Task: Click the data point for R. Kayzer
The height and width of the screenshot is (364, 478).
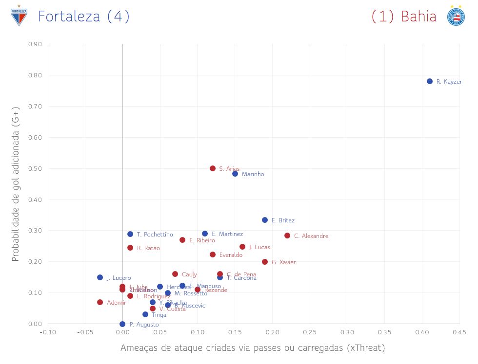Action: point(430,81)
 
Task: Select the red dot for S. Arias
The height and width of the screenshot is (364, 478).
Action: point(213,168)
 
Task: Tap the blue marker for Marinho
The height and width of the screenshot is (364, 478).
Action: point(235,174)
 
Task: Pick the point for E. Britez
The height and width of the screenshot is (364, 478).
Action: point(265,220)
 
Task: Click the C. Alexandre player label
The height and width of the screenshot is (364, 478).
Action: point(311,236)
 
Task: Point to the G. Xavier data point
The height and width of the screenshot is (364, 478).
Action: point(265,262)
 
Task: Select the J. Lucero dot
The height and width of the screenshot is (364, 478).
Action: point(100,277)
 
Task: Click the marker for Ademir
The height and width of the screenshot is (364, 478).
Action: point(100,302)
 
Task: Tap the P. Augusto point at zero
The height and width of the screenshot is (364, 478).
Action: point(122,324)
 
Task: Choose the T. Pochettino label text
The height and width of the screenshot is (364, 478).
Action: point(155,235)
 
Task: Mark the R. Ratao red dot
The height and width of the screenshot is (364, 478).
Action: point(130,248)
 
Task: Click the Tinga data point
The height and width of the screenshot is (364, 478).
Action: point(145,314)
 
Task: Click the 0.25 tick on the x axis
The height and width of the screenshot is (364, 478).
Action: point(310,332)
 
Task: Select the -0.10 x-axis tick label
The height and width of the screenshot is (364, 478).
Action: point(47,332)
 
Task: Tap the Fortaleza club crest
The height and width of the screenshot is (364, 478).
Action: point(19,16)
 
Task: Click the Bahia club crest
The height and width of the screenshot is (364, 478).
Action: point(456,16)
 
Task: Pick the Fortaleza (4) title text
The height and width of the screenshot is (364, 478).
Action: point(84,17)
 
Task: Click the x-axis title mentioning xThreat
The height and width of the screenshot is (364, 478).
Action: point(253,348)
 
